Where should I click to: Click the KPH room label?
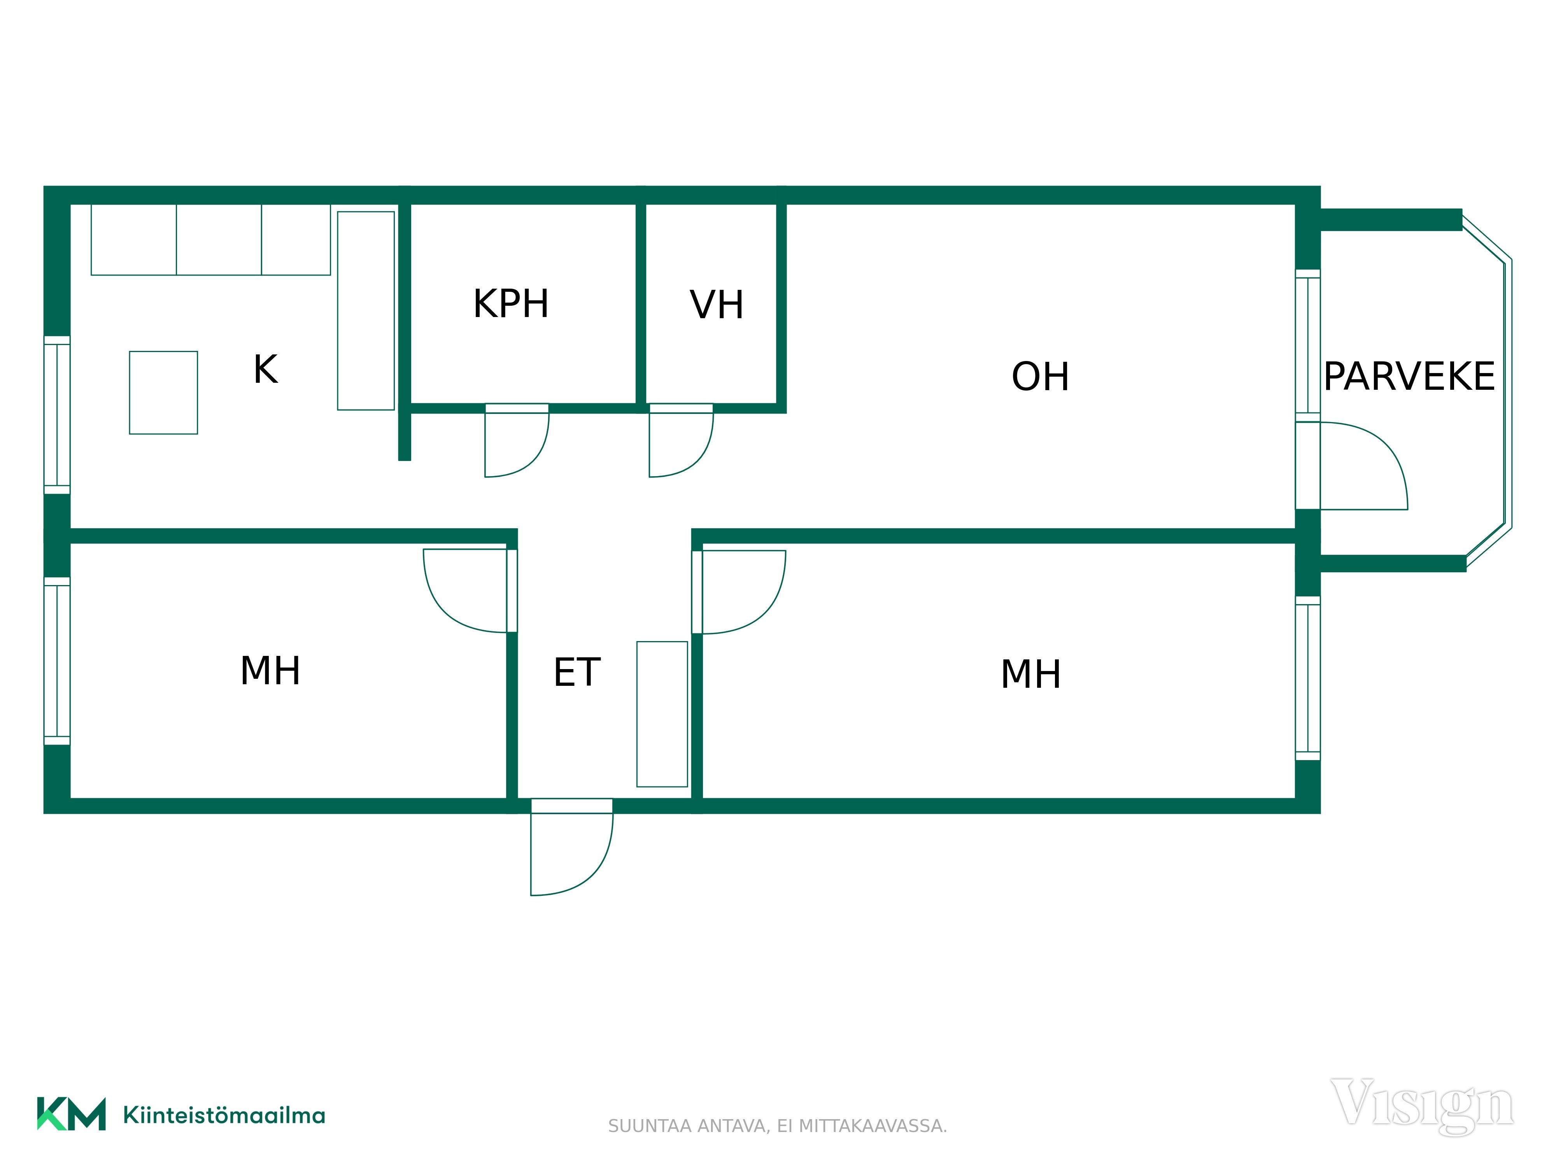[511, 304]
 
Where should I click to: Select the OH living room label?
[1041, 376]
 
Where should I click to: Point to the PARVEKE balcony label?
[1409, 376]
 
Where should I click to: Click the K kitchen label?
[266, 369]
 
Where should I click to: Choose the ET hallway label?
[577, 673]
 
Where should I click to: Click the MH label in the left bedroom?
[270, 670]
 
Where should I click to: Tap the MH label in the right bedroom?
[1030, 674]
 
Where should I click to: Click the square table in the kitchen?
[163, 393]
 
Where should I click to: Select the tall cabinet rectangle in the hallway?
[662, 714]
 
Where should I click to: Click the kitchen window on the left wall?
[57, 415]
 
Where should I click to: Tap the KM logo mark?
[71, 1114]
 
